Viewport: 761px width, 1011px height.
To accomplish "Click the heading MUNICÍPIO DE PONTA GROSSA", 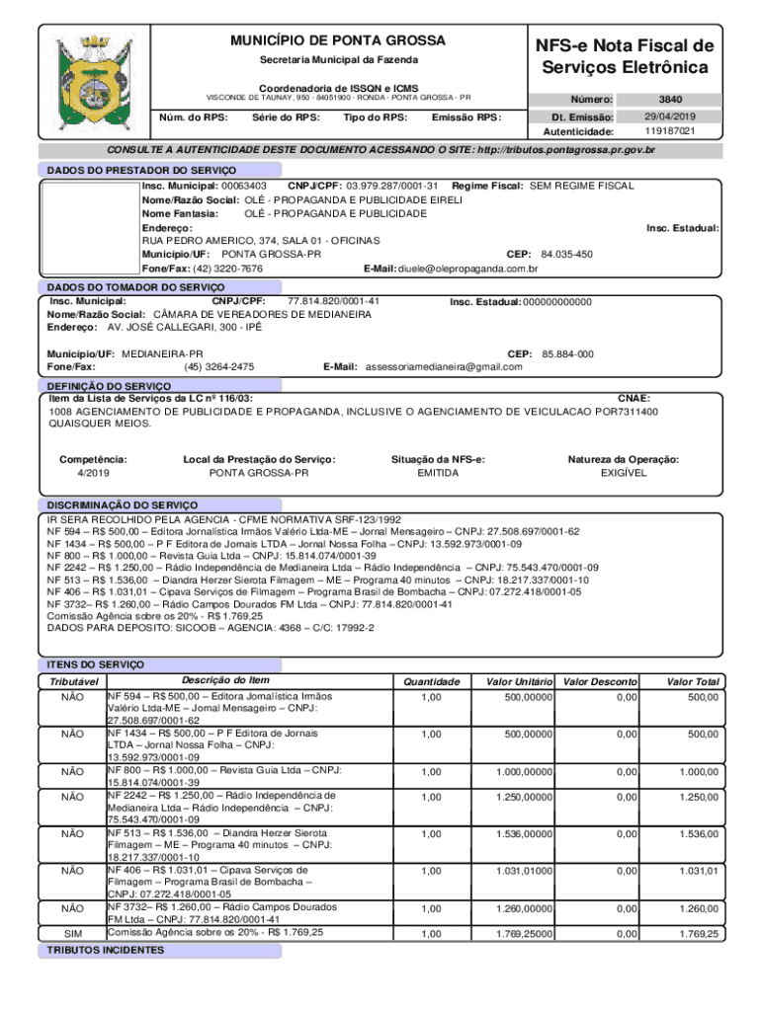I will [338, 40].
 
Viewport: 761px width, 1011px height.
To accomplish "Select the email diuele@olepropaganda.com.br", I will [467, 269].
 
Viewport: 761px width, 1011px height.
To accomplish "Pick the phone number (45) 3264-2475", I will [218, 367].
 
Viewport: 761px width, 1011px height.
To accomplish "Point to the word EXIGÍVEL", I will [623, 473].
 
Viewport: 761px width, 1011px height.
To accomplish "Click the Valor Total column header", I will [692, 682].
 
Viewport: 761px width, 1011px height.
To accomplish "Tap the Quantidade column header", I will [427, 682].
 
